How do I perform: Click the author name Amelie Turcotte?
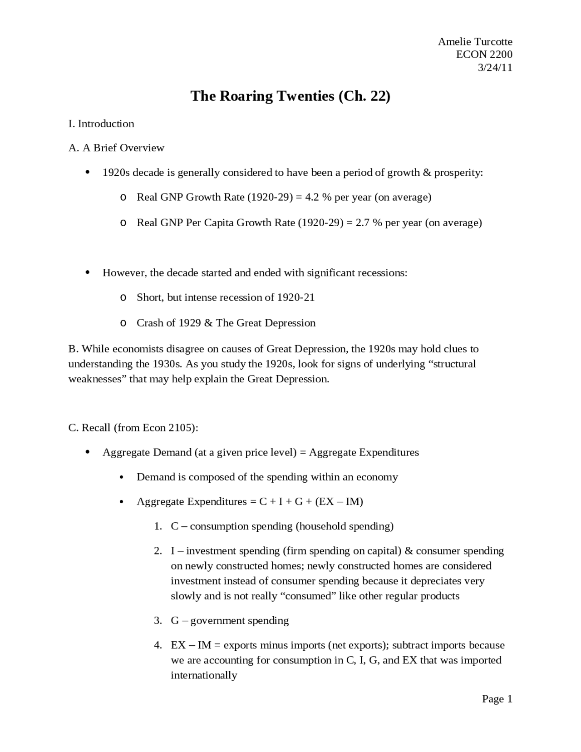pos(475,42)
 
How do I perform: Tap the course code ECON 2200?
pos(484,54)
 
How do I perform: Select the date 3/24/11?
pos(495,68)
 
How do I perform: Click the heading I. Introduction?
pos(101,124)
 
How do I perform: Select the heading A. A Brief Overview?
pos(116,148)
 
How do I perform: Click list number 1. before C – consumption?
pos(158,526)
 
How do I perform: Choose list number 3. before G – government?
pos(158,621)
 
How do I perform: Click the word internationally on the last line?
pos(204,675)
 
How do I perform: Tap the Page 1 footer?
pos(497,699)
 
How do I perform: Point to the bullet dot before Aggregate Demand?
pos(88,452)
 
